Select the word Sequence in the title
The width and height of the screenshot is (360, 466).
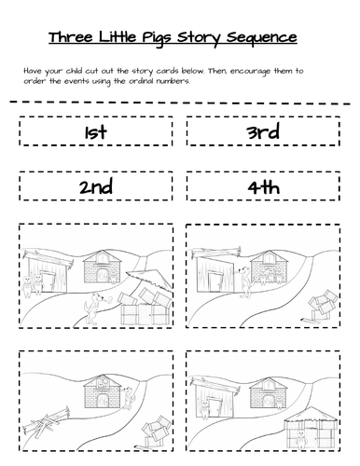[x=264, y=37]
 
